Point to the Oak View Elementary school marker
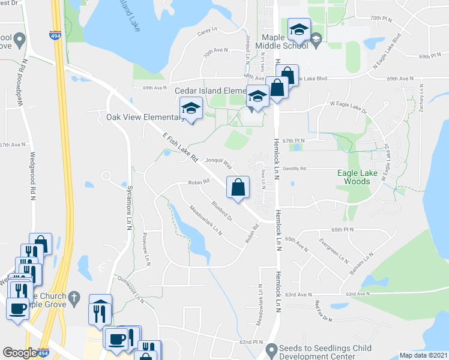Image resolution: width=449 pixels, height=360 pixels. click(x=190, y=109)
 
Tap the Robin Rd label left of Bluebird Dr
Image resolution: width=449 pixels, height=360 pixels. click(x=198, y=181)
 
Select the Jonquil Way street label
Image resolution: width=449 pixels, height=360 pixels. click(x=218, y=161)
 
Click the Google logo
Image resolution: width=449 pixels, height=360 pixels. click(x=20, y=353)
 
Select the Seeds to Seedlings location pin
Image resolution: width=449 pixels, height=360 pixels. click(x=271, y=348)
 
